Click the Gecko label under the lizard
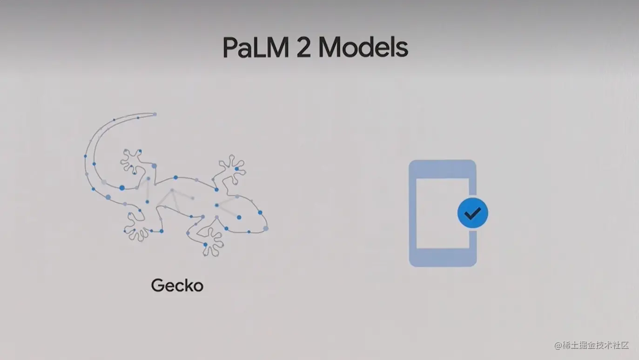pos(177,285)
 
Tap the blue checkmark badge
pos(472,213)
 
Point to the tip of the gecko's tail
pos(155,114)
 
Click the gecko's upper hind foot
pos(133,160)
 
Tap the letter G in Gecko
pos(158,285)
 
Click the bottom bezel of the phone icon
pos(442,258)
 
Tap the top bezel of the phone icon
pos(442,169)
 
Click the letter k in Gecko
pos(189,285)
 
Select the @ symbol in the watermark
pos(558,346)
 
